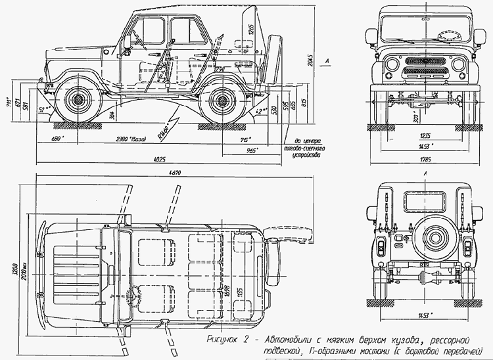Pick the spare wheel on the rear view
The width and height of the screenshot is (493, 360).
(426, 242)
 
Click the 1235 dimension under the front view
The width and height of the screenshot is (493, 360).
(426, 136)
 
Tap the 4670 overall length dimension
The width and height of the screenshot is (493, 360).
(174, 172)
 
